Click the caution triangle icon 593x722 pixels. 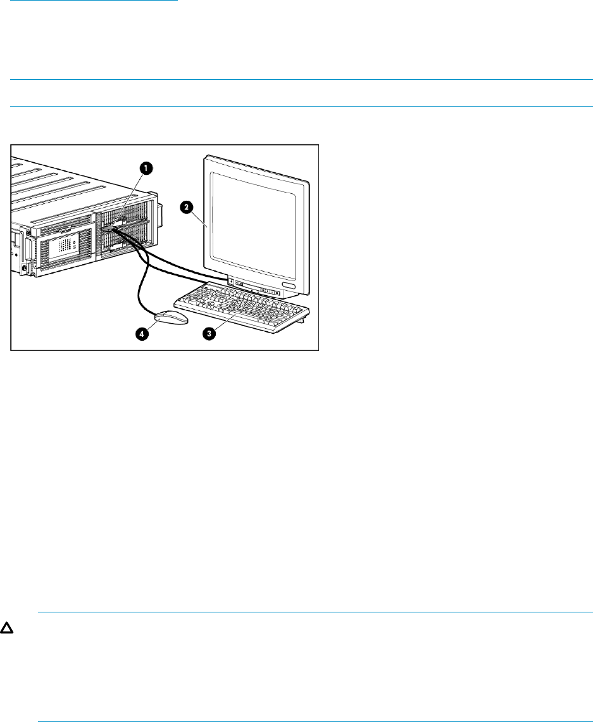11,632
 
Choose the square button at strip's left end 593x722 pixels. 231,281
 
